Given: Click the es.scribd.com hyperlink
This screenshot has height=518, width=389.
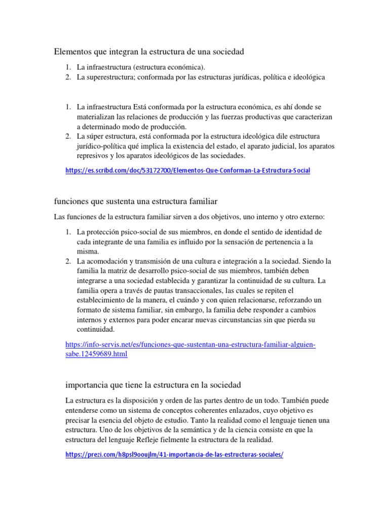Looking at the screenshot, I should tap(187, 171).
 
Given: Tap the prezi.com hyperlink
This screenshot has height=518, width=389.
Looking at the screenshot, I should tap(174, 454).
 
